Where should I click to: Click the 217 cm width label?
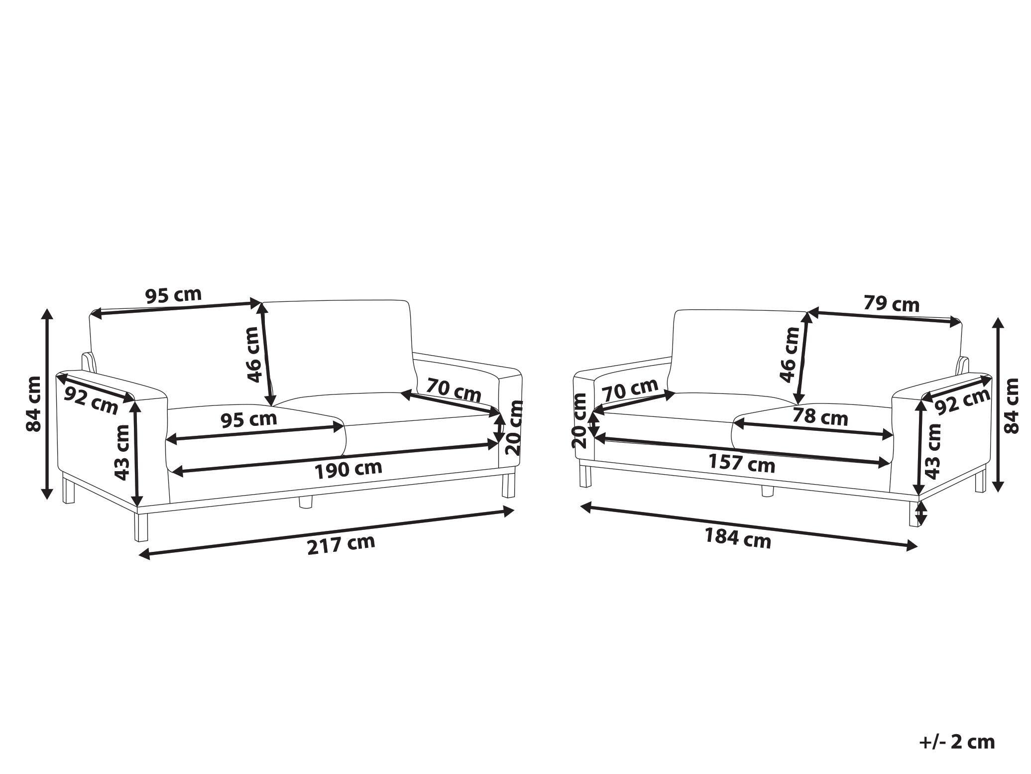[x=341, y=544]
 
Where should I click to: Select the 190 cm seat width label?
[x=348, y=469]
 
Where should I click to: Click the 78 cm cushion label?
[x=820, y=416]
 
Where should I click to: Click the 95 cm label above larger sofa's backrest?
[x=173, y=295]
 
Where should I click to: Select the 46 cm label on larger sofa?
[x=254, y=354]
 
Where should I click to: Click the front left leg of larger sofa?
[x=141, y=527]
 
